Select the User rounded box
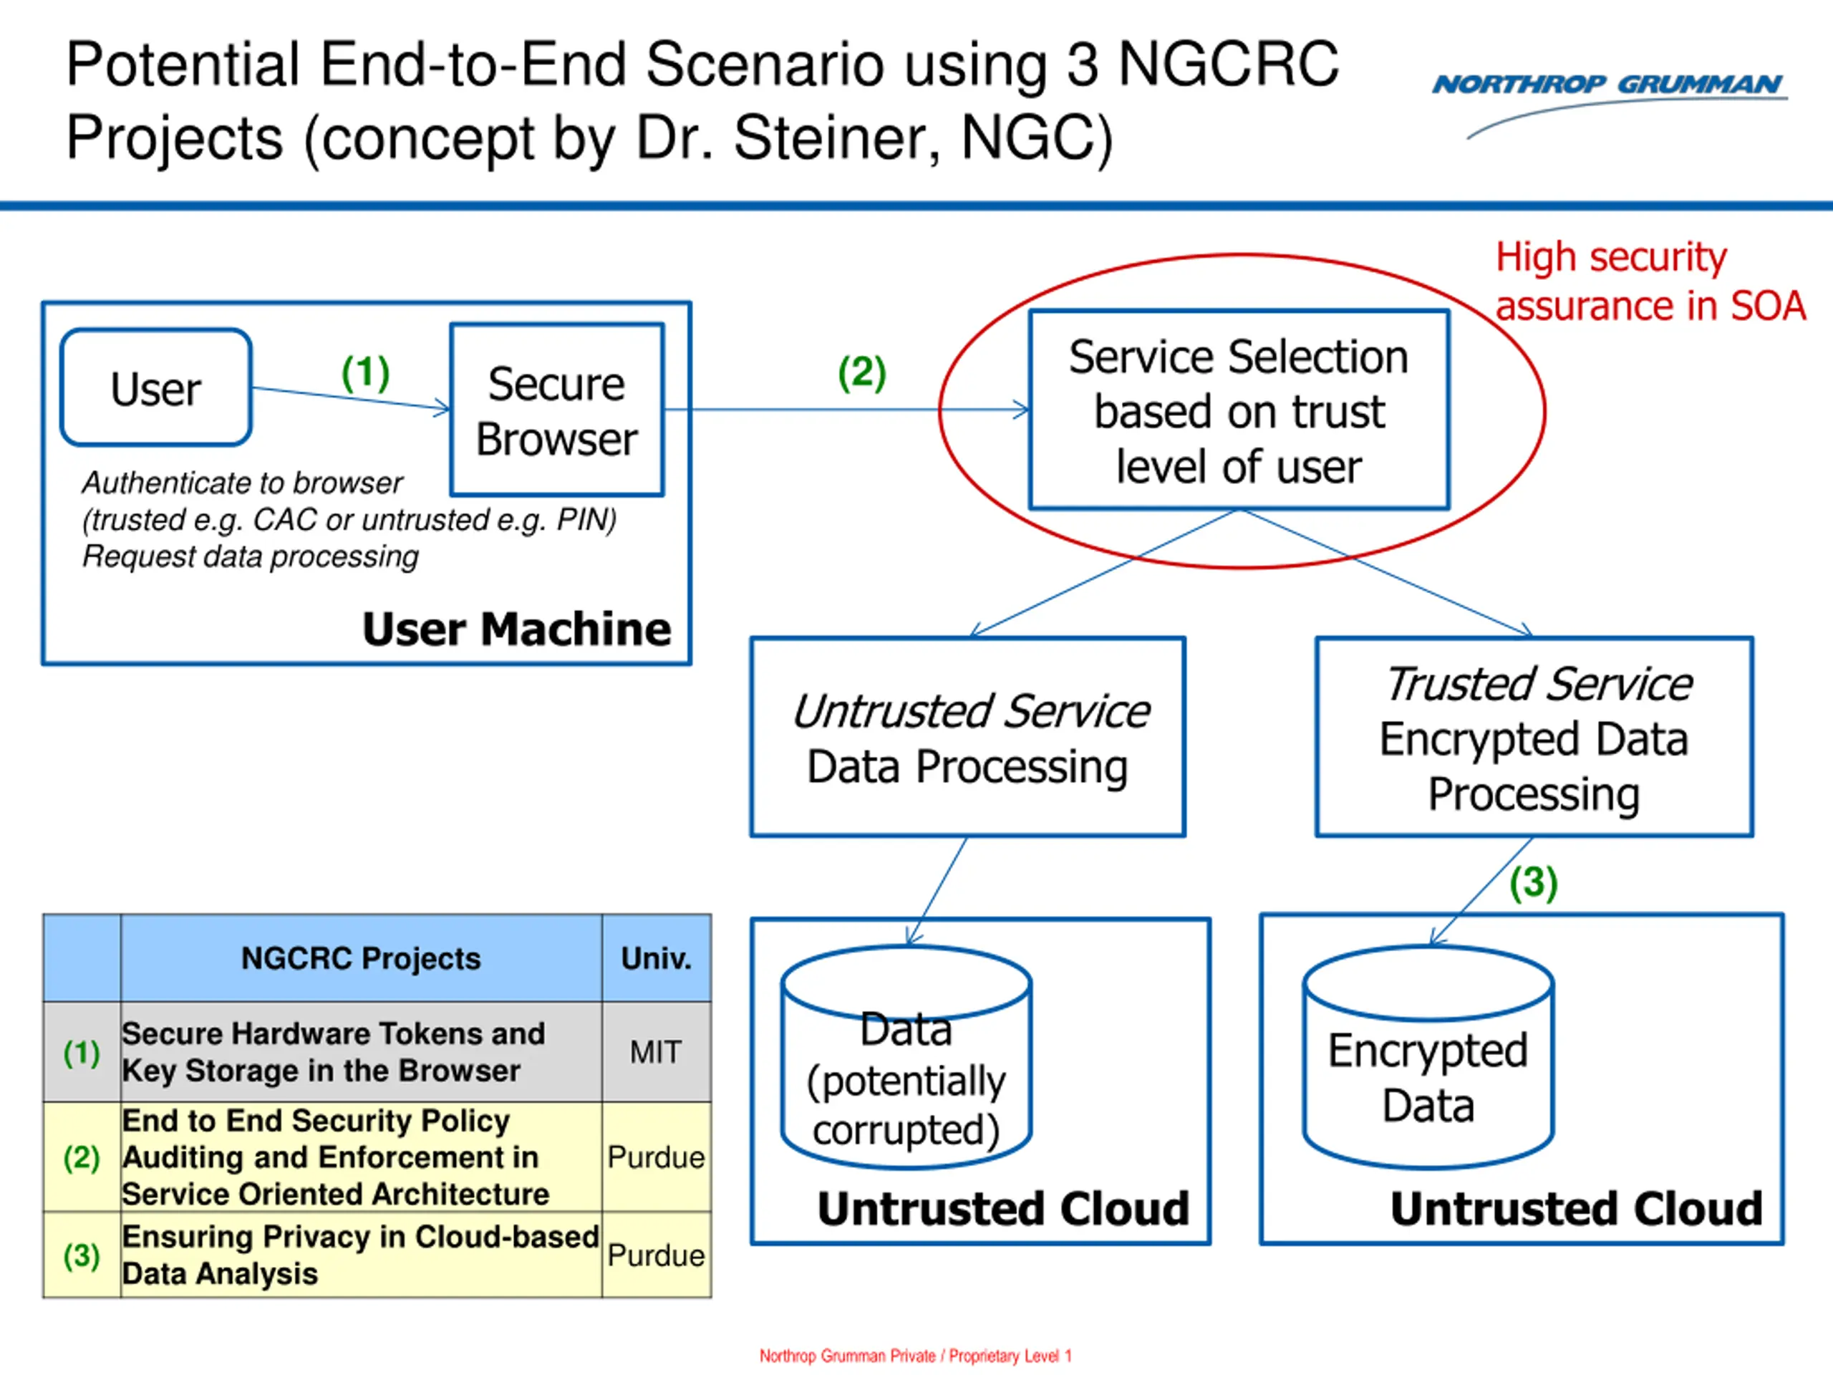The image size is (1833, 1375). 156,387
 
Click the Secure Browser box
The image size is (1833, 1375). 557,410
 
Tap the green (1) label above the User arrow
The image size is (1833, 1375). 365,373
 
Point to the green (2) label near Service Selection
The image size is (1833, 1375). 862,373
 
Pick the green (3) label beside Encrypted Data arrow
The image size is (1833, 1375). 1533,883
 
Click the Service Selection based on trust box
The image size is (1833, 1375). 1239,410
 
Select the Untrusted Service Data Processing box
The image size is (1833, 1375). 968,737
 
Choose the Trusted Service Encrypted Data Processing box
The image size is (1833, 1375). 1534,737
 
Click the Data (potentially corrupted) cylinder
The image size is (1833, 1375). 906,1057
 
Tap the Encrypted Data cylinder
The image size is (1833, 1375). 1428,1057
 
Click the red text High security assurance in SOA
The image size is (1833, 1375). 1650,281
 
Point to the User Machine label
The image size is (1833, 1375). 516,628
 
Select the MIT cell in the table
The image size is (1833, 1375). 655,1052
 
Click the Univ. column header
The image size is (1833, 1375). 655,958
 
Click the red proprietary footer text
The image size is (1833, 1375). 916,1356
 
